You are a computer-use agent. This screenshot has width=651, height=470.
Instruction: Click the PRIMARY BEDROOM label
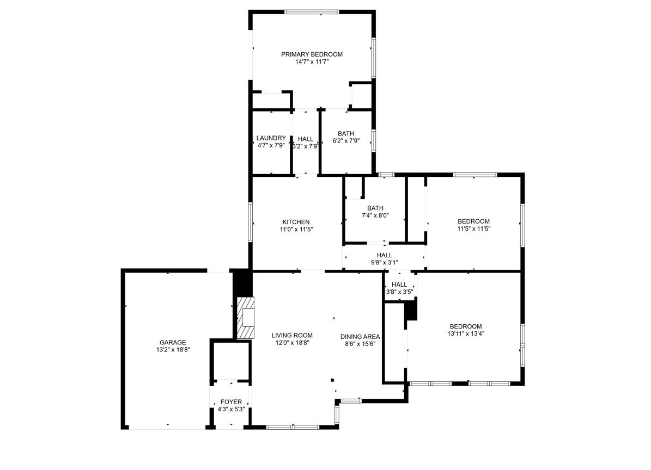tap(312, 54)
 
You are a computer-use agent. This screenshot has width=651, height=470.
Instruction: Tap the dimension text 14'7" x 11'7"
tap(312, 62)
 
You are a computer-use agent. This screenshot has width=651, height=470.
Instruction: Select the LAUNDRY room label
tap(271, 138)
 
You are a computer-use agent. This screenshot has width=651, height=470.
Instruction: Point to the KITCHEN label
tap(296, 222)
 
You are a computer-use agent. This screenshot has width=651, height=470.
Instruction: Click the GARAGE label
tap(173, 342)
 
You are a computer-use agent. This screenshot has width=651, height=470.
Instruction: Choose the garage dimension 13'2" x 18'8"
tap(173, 350)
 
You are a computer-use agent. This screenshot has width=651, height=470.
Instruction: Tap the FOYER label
tap(231, 402)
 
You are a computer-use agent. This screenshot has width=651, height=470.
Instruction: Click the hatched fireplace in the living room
tap(245, 317)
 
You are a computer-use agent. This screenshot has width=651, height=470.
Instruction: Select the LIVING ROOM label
tap(292, 335)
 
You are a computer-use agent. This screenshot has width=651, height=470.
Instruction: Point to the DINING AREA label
tap(360, 336)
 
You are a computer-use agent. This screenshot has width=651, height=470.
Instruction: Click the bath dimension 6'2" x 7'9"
tap(346, 141)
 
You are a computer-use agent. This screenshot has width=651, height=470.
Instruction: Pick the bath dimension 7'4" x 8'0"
tap(375, 215)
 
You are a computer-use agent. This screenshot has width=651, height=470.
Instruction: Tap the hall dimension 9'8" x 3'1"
tap(384, 263)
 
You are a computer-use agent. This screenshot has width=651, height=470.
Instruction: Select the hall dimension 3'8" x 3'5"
tap(399, 292)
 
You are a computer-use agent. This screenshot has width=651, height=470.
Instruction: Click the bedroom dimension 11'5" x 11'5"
tap(473, 229)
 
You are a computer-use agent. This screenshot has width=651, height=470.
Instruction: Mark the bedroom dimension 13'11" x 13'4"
tap(465, 334)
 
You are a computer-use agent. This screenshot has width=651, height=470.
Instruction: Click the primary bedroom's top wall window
tap(312, 12)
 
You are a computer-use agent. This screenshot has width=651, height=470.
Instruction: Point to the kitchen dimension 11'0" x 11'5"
tap(296, 230)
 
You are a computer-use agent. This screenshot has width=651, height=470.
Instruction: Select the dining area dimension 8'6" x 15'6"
tap(360, 344)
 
